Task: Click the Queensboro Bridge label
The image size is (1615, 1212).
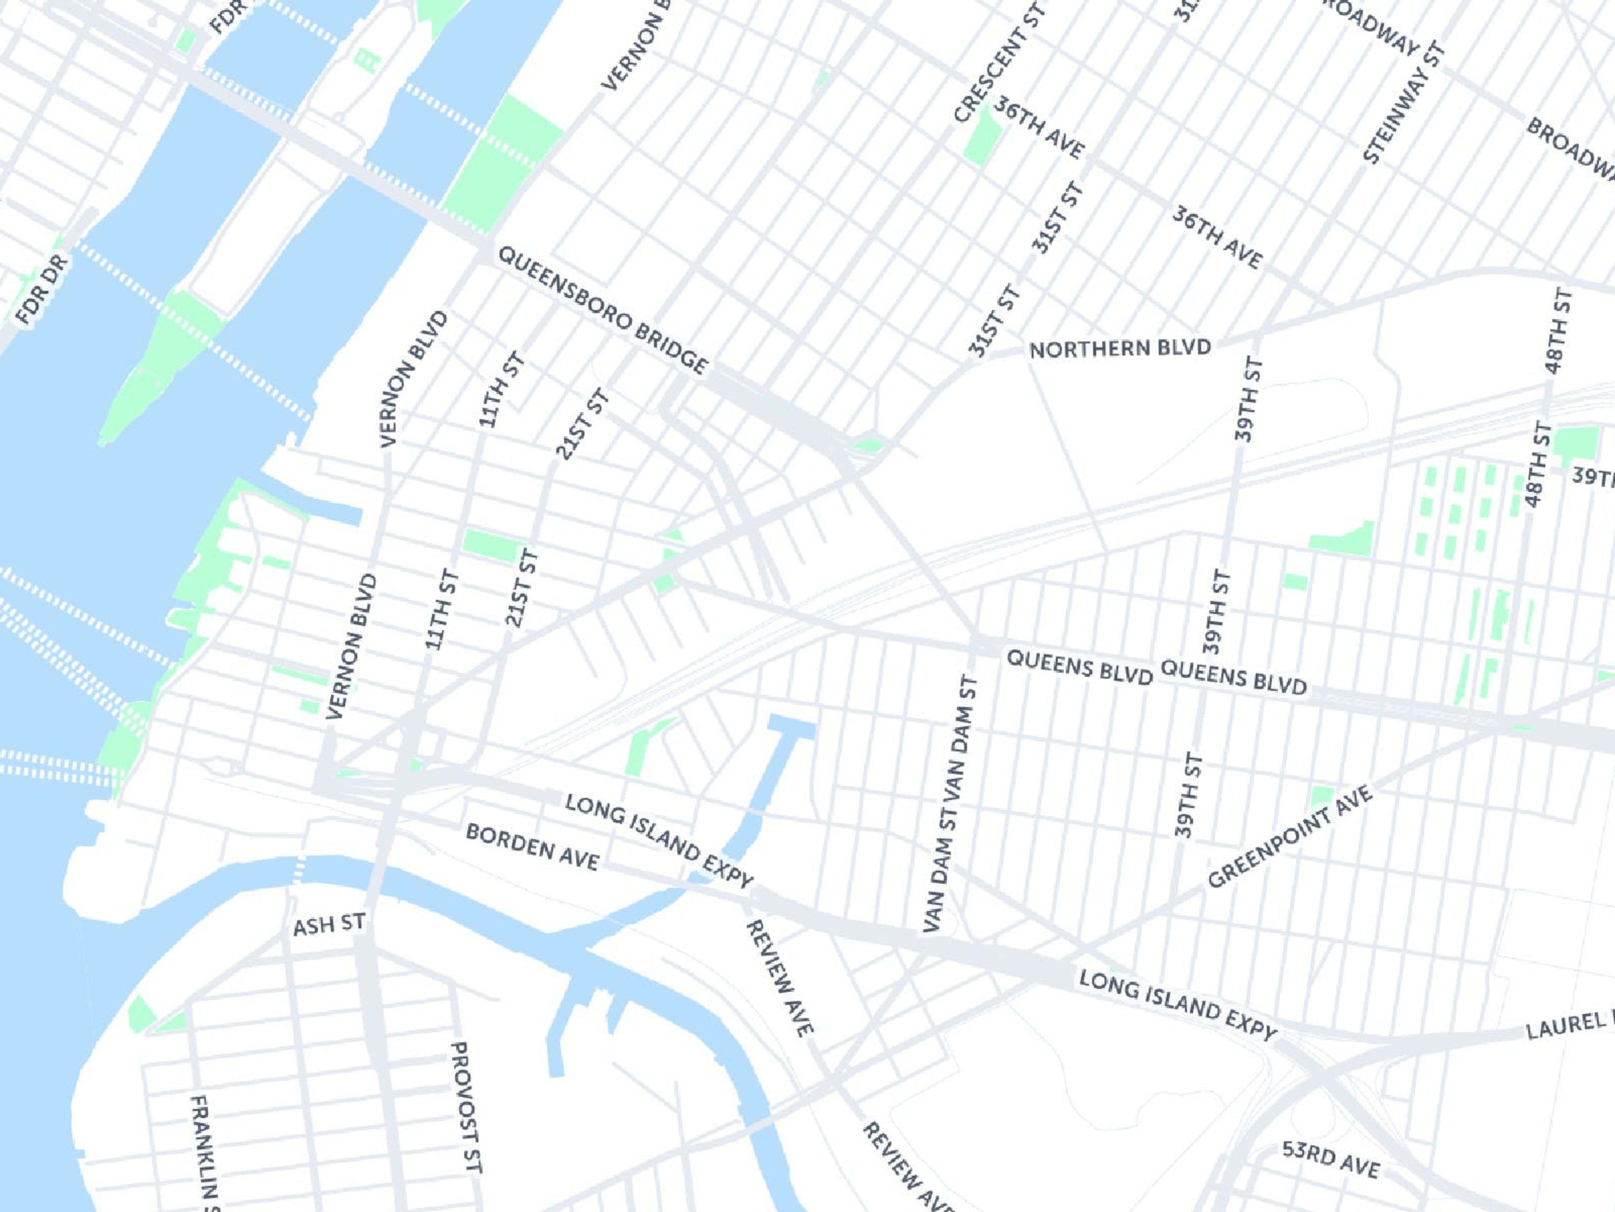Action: [x=602, y=311]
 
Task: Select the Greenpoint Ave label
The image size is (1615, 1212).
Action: [x=1289, y=837]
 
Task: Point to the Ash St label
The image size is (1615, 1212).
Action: [x=328, y=925]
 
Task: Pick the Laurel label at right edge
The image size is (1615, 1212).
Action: [x=1570, y=1024]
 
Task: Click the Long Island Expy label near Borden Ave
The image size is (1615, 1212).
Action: [x=659, y=842]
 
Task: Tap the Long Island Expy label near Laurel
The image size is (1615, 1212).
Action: [x=1178, y=1005]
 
